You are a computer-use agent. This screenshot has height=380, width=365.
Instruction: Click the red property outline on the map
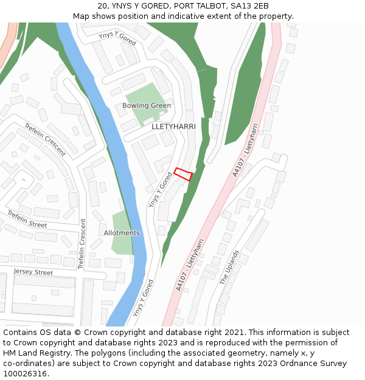183,174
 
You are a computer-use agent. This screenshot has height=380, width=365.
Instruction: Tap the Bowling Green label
147,106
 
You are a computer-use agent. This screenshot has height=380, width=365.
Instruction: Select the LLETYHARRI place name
173,126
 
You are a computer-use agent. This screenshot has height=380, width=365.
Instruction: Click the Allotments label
122,233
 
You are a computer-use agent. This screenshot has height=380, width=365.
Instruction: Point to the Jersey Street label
33,272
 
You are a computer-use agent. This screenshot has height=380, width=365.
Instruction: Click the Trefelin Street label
27,219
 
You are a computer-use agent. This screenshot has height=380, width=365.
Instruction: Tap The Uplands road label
229,268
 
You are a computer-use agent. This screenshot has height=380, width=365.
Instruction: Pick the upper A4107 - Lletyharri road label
246,150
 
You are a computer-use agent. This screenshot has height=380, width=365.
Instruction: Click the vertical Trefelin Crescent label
82,244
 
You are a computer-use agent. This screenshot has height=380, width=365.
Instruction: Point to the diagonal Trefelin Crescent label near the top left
45,140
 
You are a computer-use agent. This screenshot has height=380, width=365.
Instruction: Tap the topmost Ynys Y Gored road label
117,38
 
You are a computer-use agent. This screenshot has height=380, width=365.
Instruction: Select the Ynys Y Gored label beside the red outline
161,190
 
